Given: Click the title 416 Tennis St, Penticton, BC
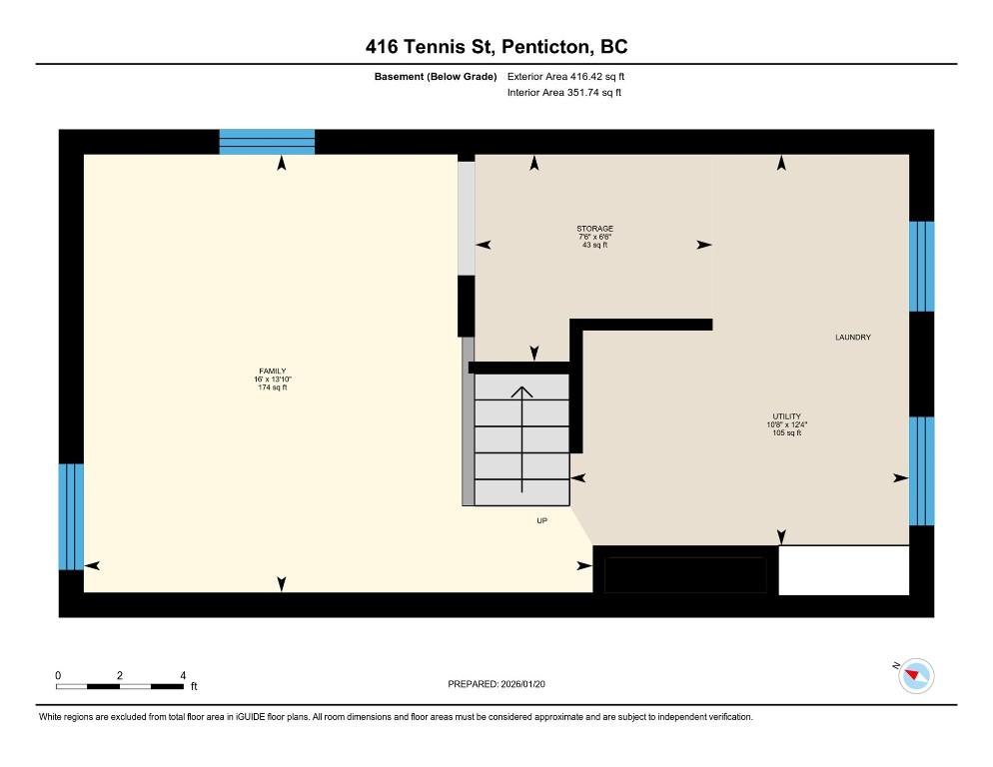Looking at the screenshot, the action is coord(496,47).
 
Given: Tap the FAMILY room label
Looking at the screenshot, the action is coord(273,372).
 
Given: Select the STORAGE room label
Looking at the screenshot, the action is coord(594,229).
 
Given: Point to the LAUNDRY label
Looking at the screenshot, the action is coord(853,338).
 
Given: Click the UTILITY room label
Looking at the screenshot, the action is coord(786,416).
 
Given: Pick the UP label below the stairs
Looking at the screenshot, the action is coord(542,520).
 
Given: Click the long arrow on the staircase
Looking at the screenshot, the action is coord(521,438).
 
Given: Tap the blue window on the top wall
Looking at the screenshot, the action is coord(268,142).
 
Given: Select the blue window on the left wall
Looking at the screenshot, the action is coord(71,516).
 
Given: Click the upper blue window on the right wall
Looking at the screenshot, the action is coord(921,266).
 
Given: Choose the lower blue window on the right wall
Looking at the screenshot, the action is coord(921,471).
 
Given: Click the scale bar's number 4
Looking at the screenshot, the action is coord(183,676).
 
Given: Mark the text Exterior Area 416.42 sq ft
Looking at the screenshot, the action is coord(565,77).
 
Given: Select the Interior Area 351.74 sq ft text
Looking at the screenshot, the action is coord(563,93).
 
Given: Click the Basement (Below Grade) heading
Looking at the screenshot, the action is coord(436,77).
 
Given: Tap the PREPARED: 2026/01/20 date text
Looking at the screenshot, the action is coord(496,684).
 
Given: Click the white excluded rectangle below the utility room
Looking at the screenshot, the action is coord(843,570).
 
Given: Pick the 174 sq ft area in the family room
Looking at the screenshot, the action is coord(273,387).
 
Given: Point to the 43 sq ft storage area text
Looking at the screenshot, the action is coord(594,245).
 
